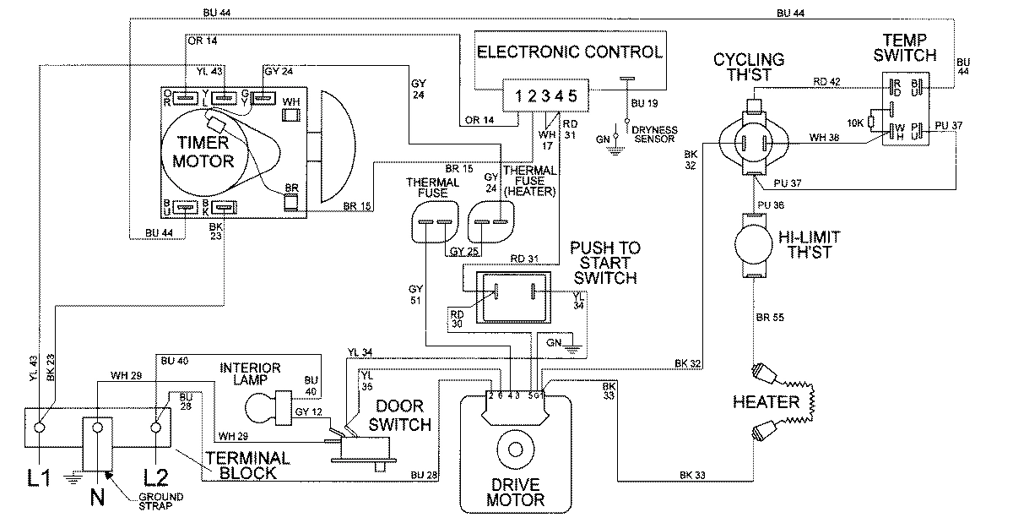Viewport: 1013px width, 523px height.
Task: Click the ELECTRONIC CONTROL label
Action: pos(569,52)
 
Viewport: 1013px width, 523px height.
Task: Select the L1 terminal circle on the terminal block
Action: pos(39,428)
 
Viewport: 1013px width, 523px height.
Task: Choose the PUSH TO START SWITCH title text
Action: pos(604,263)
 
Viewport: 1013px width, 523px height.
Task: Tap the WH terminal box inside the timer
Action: pos(290,101)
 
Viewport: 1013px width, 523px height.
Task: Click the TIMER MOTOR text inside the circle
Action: pos(202,150)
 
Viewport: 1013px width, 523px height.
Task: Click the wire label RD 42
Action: pos(826,82)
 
